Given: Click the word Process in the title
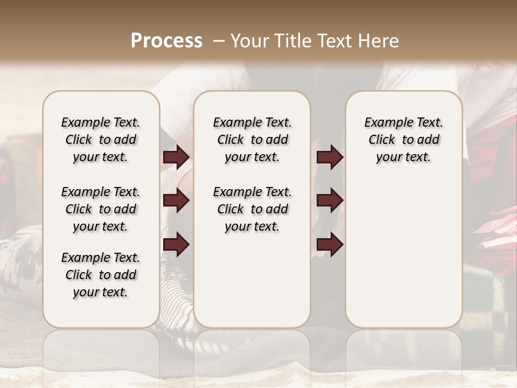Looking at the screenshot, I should pos(166,41).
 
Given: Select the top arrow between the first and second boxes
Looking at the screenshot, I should pos(176,157).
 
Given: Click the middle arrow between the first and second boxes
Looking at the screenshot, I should pos(176,201).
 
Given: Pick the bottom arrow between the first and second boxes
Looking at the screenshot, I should pos(176,244).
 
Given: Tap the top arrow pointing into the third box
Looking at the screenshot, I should pos(330,157).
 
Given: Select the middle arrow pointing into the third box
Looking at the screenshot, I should pos(330,201).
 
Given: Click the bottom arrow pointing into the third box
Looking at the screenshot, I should pos(330,244).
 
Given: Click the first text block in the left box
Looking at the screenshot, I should pos(101,140).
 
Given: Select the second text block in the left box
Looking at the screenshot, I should pos(101,209).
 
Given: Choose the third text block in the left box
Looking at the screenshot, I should pos(101,275).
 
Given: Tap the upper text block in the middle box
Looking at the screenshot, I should pos(252,140).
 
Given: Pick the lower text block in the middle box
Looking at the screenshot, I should pos(252,209).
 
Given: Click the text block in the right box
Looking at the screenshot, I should pos(403,140).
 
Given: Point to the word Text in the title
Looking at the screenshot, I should pos(337,41).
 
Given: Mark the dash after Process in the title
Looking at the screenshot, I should pos(218,41).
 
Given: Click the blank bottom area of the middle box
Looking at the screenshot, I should pos(252,286).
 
